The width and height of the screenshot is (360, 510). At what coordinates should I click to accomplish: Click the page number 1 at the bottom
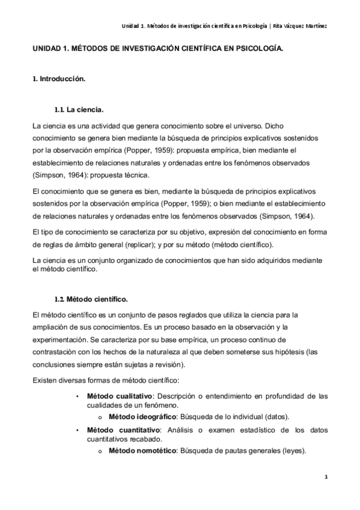(325, 478)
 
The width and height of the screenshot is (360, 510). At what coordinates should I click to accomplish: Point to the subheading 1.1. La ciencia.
(79, 111)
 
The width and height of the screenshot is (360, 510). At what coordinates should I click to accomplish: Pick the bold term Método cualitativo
(118, 396)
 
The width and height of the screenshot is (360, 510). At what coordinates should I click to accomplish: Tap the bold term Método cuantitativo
(120, 430)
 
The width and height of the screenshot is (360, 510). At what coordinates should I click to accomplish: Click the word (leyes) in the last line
(293, 450)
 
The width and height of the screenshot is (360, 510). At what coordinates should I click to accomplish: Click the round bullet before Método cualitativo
(78, 396)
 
